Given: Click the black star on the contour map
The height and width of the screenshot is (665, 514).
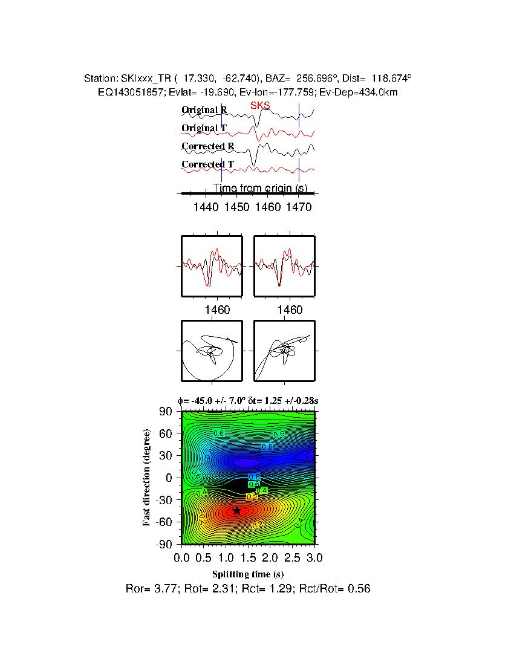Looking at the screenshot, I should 236,511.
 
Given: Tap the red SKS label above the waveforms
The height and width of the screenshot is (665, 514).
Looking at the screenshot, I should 260,106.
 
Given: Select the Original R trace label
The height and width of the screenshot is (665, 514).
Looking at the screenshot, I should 204,110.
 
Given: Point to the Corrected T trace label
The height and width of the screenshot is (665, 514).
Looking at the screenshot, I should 207,164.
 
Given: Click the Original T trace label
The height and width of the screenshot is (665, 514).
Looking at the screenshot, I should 204,128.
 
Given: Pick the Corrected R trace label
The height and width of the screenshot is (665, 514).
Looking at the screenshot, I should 207,146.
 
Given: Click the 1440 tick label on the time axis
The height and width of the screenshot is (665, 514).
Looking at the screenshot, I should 206,207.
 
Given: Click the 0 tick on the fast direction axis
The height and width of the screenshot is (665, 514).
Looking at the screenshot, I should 170,478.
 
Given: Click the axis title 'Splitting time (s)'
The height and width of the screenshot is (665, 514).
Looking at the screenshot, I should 248,573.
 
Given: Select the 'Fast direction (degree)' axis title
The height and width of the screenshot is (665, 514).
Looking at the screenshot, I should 147,478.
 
